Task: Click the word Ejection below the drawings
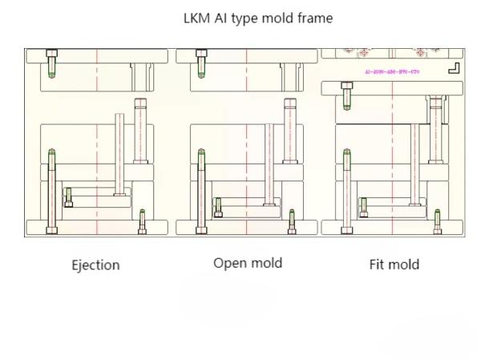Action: click(95, 265)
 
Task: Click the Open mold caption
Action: click(248, 263)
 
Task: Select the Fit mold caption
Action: click(394, 264)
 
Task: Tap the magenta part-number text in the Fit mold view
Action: click(392, 72)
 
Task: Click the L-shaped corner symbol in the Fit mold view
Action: click(455, 68)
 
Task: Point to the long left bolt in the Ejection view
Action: click(52, 191)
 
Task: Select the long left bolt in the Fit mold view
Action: click(347, 191)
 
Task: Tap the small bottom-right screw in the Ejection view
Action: click(142, 220)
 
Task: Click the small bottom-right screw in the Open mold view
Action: click(291, 220)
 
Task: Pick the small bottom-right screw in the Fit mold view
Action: click(438, 220)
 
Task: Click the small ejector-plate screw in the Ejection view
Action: click(68, 196)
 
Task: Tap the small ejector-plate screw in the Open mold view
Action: click(217, 207)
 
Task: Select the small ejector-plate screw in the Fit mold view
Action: click(364, 207)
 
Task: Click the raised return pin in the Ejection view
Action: click(120, 152)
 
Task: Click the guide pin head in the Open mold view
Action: click(290, 104)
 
